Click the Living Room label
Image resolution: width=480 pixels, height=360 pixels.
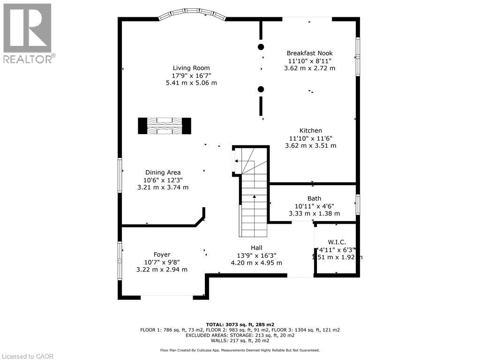tap(191, 67)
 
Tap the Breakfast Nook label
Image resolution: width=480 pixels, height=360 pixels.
tap(309, 53)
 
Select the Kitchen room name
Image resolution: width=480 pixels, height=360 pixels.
tap(311, 130)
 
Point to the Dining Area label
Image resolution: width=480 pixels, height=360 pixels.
tap(163, 172)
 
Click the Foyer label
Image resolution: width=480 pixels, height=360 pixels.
tap(162, 255)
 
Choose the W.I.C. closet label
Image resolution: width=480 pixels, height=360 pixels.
tap(337, 242)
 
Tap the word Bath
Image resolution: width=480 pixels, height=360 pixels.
tap(314, 198)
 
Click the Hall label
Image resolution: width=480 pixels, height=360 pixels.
tap(256, 247)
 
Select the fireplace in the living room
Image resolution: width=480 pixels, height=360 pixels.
tap(165, 126)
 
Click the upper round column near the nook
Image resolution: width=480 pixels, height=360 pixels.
tap(261, 46)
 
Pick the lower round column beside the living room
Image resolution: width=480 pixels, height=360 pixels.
tap(261, 89)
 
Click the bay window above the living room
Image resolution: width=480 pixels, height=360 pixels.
tap(192, 15)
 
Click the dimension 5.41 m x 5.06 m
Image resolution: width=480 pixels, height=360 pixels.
tap(191, 82)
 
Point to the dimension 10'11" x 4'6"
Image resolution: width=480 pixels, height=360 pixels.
tap(314, 206)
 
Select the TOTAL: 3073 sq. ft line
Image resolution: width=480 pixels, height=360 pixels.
tap(240, 324)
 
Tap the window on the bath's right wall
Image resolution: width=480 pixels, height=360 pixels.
tap(358, 205)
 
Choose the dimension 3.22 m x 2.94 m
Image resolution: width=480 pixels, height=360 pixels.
tap(162, 270)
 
